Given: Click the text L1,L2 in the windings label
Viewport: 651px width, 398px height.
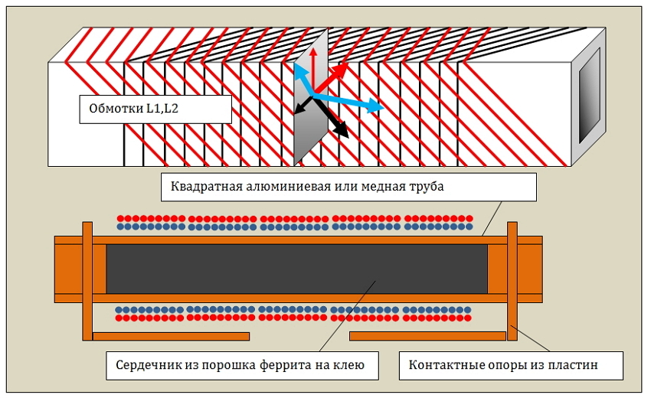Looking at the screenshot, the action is pos(162,109).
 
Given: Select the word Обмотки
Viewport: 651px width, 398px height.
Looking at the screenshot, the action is pos(116,109).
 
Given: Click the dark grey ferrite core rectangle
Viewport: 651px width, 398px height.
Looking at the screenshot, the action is pos(297,269).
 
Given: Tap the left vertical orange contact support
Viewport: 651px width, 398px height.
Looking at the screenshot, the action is pos(87,281).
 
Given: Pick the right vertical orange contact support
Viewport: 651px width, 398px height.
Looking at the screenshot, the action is pos(512,281).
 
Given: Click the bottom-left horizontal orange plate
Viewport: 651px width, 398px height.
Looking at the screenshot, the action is pos(171,336).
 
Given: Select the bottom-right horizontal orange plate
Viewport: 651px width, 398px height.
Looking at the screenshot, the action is pos(427,336).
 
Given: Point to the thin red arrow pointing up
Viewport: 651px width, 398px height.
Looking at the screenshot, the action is pos(313,70).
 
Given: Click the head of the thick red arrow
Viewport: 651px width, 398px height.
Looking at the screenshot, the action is pos(342,70).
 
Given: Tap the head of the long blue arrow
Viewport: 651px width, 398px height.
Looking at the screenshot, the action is pos(376,106).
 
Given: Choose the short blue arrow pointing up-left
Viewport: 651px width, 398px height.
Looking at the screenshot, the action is pos(303,80).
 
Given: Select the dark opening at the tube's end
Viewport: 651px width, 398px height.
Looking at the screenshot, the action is pos(590,96).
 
